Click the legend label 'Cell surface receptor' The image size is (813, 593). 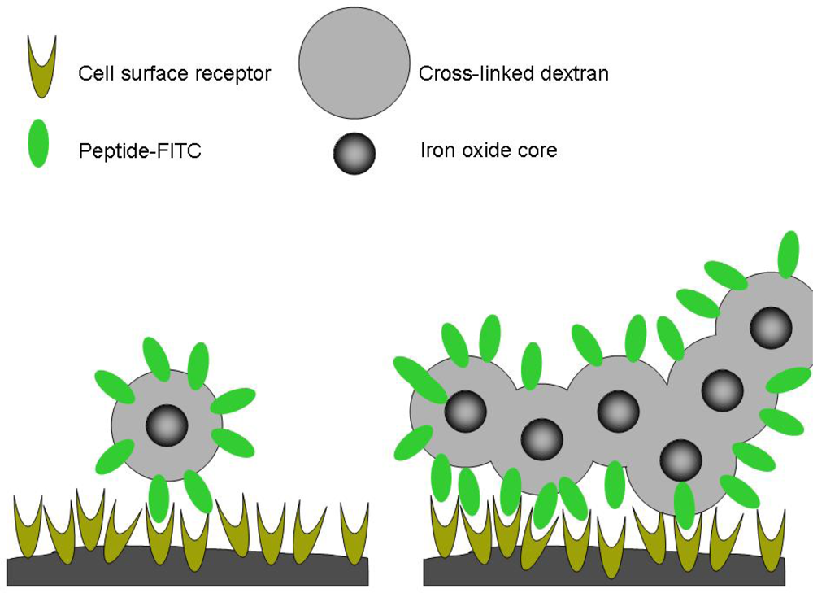(x=174, y=74)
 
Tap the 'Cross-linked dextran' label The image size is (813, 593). (x=513, y=74)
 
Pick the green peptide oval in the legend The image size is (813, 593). (x=37, y=143)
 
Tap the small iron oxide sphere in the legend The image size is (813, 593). (x=354, y=154)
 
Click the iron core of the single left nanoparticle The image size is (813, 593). (x=167, y=425)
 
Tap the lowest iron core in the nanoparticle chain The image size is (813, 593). (x=680, y=460)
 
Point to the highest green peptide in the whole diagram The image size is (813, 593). (x=788, y=255)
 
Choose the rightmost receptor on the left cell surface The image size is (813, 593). (x=354, y=529)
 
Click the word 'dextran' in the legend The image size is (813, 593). (x=576, y=74)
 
